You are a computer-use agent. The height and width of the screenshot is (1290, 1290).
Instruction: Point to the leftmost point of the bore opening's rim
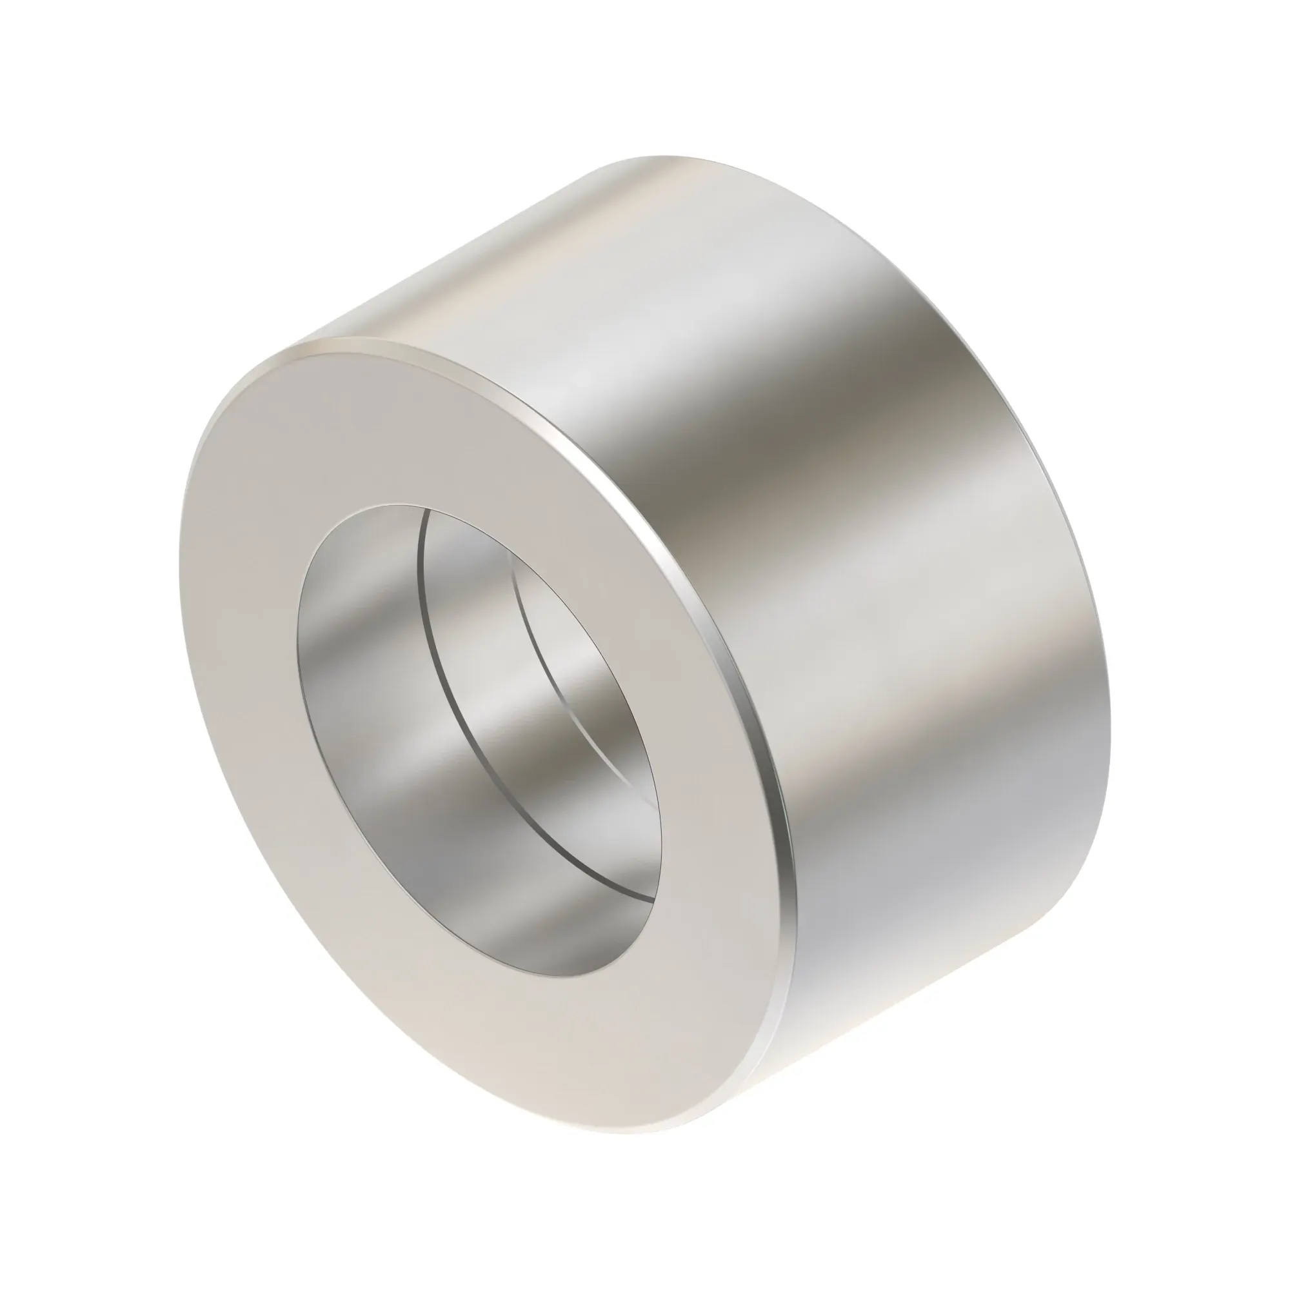pyautogui.click(x=298, y=641)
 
